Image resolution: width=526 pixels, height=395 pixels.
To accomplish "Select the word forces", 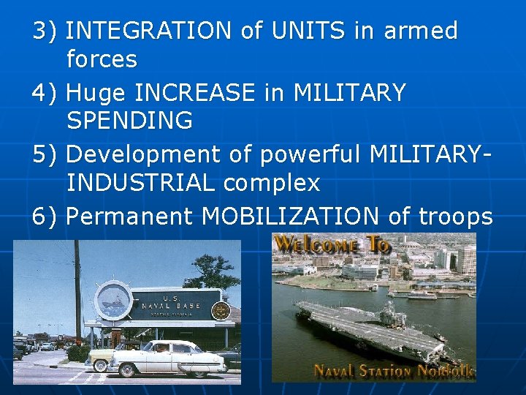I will [x=102, y=59].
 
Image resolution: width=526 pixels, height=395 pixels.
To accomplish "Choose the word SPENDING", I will [x=129, y=121].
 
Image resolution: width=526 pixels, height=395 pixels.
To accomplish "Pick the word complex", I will [x=272, y=184].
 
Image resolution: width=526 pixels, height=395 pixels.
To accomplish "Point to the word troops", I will [x=456, y=217].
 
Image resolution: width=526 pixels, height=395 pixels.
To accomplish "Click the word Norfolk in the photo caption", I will [x=446, y=371].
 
